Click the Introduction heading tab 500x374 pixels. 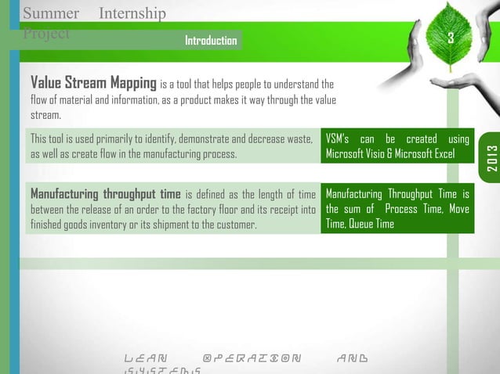point(210,40)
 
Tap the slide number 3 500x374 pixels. point(450,39)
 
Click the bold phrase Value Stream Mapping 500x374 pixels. point(92,84)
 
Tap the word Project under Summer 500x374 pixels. point(46,34)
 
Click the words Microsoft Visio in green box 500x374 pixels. point(361,154)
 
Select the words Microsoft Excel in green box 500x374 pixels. point(428,154)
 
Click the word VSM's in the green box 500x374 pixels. point(339,139)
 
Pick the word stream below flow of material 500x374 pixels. point(45,115)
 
